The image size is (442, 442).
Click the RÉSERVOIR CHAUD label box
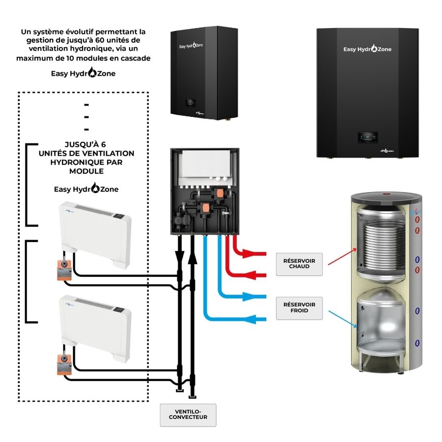(x=299, y=263)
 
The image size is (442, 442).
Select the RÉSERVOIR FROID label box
(x=299, y=308)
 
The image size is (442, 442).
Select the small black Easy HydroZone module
(x=202, y=74)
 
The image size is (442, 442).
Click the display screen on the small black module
(x=189, y=104)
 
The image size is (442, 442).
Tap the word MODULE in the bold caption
(x=86, y=172)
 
